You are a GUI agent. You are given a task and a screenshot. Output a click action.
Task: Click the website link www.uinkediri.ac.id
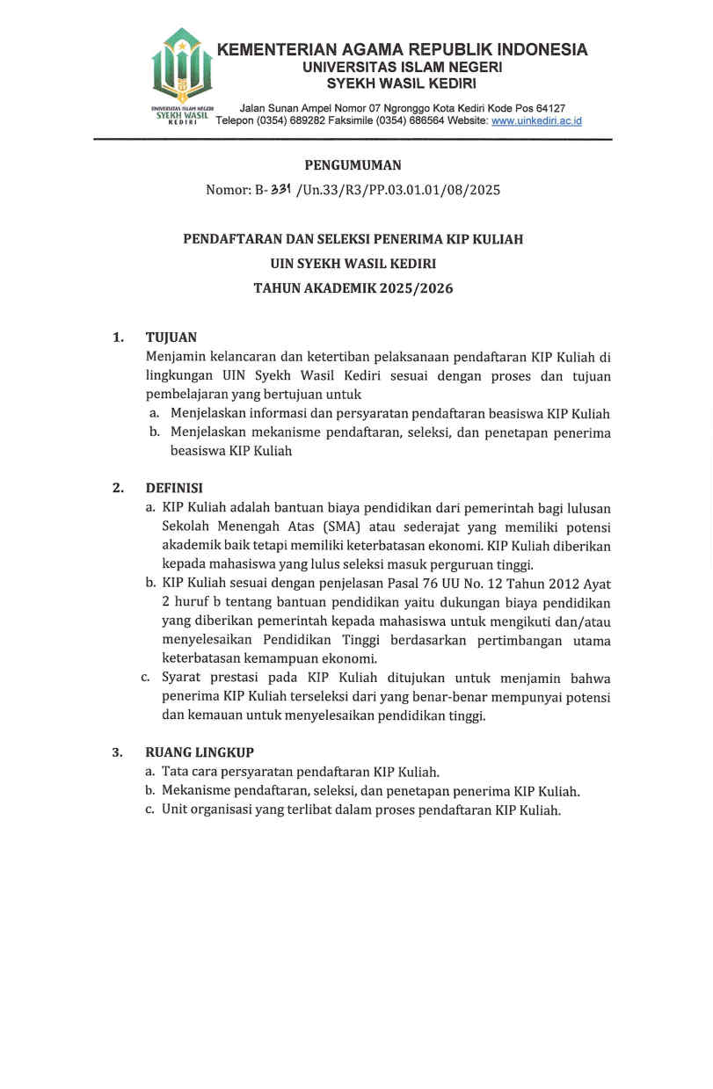(x=536, y=121)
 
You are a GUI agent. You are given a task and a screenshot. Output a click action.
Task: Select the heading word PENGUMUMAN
(x=353, y=165)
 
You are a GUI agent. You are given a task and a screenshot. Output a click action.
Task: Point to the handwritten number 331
(x=281, y=189)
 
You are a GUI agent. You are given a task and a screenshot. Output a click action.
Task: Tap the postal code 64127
(x=546, y=108)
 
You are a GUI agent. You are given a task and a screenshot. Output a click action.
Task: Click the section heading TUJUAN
(x=171, y=338)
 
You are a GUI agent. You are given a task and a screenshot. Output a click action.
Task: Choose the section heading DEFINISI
(x=174, y=489)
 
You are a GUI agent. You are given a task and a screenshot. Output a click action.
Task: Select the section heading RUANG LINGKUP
(x=200, y=753)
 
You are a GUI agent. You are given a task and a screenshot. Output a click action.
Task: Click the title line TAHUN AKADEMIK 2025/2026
(x=353, y=288)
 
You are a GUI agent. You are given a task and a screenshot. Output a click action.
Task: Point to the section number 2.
(x=117, y=489)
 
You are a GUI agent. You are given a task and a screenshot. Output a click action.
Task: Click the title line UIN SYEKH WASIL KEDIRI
(x=353, y=264)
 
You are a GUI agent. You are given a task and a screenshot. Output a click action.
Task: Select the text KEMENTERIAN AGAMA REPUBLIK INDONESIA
(x=402, y=50)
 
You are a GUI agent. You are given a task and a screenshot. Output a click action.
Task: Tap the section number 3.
(x=117, y=753)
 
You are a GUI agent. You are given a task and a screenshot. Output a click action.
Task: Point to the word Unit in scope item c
(x=176, y=810)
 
